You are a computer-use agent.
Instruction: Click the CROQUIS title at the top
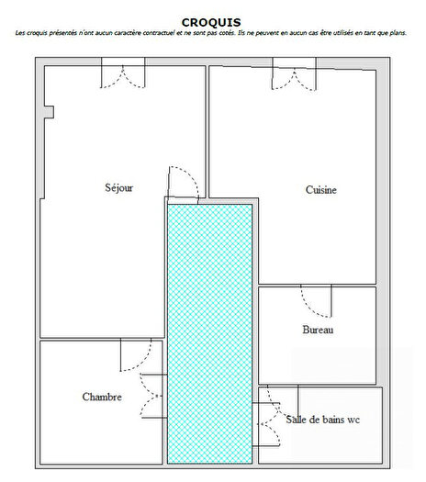pos(212,21)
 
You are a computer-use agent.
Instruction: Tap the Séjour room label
pos(119,187)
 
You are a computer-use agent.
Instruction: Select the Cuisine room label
pos(320,190)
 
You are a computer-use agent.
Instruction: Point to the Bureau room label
pos(317,329)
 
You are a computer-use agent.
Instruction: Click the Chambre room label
pos(102,397)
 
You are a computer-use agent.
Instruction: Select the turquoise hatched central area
pos(209,331)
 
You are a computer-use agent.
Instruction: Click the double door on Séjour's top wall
pos(122,75)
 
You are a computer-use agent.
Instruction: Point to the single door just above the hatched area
pos(181,184)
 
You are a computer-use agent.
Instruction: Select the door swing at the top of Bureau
pos(318,299)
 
